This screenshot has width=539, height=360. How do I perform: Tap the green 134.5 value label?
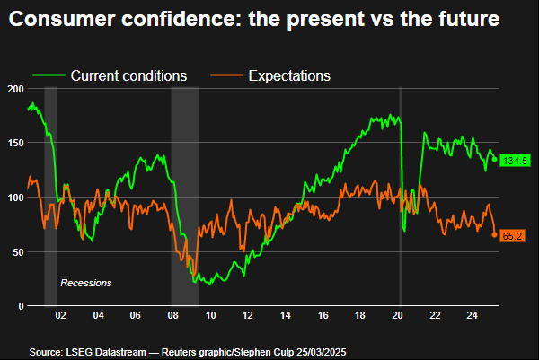515,161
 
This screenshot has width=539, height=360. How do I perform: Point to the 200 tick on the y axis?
13,89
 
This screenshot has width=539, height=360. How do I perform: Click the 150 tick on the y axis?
13,143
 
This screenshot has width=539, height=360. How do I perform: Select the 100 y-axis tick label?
13,198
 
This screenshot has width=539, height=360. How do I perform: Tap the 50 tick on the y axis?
15,252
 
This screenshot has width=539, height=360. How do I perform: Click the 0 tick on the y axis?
19,306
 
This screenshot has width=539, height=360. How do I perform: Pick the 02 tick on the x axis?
60,316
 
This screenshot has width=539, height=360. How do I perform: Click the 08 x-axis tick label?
172,316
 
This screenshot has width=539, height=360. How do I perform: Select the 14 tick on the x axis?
285,316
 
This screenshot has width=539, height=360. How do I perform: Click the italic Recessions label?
85,283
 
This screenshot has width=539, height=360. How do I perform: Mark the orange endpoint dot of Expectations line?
494,235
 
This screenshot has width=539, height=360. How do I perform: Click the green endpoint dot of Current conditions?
494,160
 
